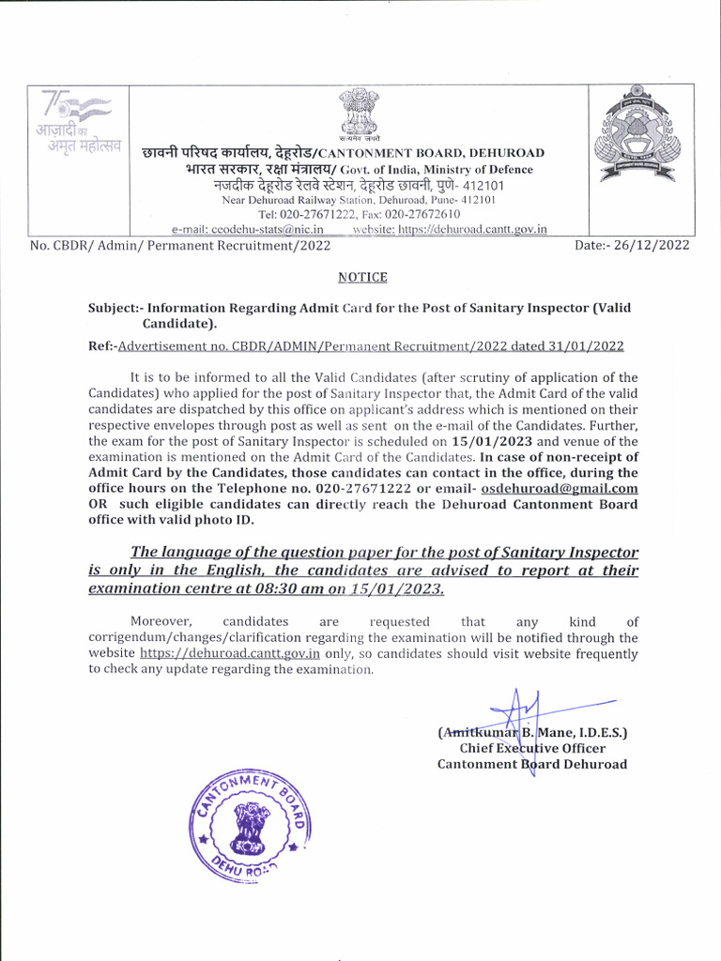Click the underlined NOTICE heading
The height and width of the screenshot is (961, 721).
[x=361, y=277]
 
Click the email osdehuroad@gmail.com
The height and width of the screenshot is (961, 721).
[x=560, y=489]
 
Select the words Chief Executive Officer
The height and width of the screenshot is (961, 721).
[x=532, y=748]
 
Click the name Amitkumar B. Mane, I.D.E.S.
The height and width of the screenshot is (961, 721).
[x=532, y=732]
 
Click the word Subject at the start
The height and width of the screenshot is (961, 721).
[x=115, y=307]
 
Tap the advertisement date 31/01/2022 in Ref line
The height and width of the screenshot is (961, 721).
[x=588, y=346]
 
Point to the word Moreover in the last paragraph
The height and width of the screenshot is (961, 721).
[x=161, y=621]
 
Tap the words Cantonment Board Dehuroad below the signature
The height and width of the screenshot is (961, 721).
[x=532, y=764]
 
